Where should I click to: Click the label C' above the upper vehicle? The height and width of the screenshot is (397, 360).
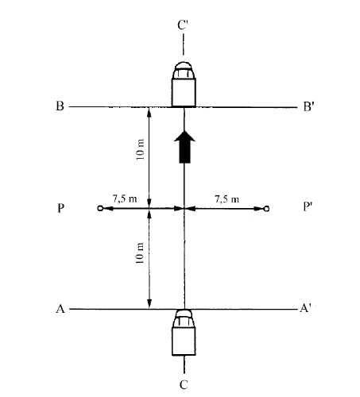(x=183, y=25)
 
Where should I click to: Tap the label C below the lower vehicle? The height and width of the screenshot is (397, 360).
(x=184, y=384)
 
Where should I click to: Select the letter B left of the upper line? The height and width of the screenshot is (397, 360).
(x=60, y=106)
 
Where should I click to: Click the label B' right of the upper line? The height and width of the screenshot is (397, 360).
(x=308, y=106)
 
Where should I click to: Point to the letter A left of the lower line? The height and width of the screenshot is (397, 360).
(x=60, y=309)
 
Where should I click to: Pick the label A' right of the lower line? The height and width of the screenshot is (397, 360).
(x=305, y=308)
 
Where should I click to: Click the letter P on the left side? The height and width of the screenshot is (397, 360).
(x=60, y=209)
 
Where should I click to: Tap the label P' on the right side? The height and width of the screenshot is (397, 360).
(x=307, y=206)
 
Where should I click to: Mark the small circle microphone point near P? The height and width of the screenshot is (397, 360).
(x=100, y=208)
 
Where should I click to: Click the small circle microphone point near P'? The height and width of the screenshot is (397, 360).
(x=267, y=209)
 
